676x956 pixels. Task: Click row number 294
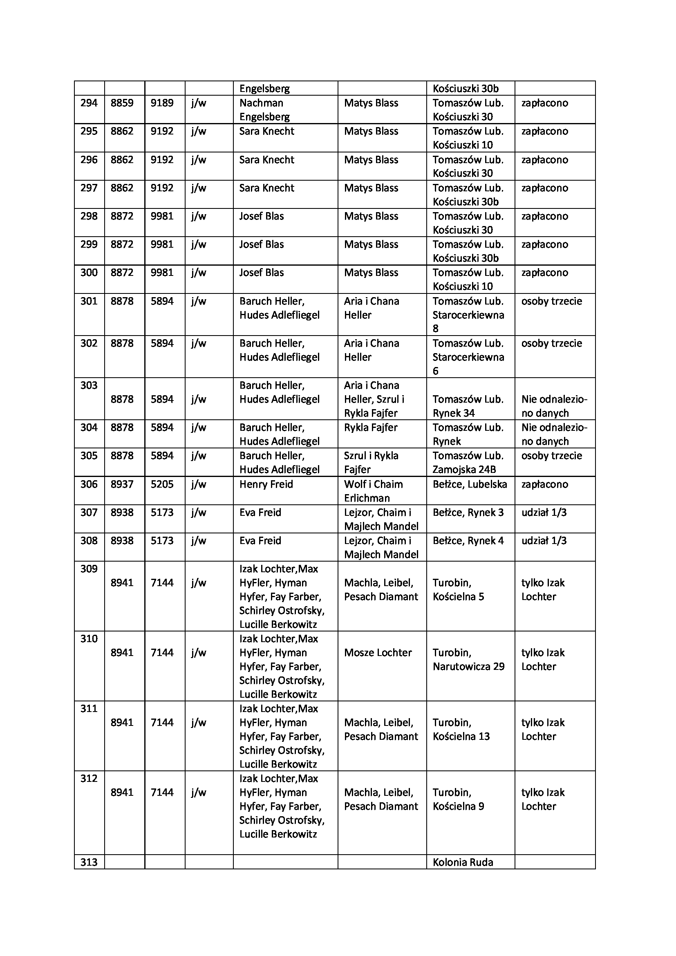89,103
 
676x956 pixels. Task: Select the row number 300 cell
89,273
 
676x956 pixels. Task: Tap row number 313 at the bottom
89,862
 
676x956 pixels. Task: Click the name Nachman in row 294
261,103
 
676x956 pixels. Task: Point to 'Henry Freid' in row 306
266,484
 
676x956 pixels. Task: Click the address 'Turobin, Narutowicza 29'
468,660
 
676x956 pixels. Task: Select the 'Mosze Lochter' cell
378,653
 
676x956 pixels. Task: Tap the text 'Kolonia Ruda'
463,862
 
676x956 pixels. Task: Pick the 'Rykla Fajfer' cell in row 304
370,428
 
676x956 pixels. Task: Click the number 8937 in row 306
122,484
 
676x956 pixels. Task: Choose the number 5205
162,484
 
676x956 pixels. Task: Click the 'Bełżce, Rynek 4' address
468,541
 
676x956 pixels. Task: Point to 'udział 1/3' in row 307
544,513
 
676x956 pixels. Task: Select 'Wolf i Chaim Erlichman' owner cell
373,491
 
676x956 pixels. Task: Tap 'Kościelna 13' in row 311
461,737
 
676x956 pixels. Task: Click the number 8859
122,103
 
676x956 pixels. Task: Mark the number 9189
162,103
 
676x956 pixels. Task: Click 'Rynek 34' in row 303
454,414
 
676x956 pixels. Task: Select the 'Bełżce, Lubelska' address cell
470,484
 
